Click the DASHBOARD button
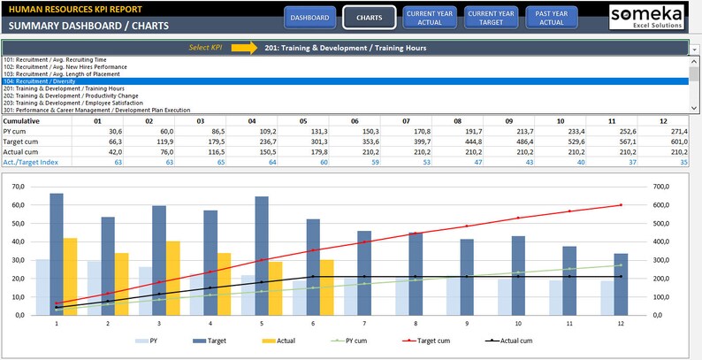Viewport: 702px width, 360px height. pyautogui.click(x=310, y=18)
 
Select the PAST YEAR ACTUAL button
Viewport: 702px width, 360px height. pyautogui.click(x=551, y=18)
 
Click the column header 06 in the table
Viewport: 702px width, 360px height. pyautogui.click(x=355, y=120)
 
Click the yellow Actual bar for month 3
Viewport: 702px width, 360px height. pyautogui.click(x=173, y=278)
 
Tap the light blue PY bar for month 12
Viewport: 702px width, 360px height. pyautogui.click(x=607, y=297)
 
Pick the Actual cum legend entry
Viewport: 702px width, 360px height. pyautogui.click(x=497, y=340)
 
